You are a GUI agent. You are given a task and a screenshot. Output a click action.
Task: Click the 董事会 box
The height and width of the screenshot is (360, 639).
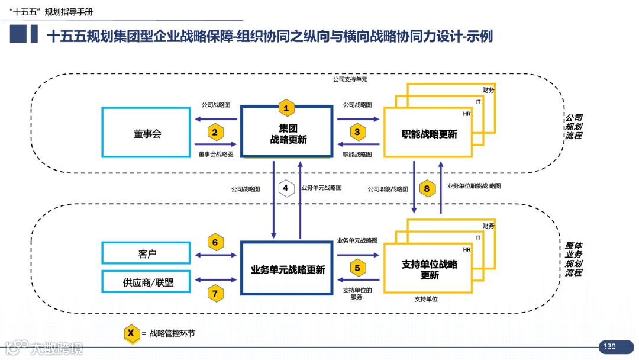pos(147,133)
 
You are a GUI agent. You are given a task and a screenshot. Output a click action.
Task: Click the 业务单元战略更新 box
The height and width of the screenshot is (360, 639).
pos(288,269)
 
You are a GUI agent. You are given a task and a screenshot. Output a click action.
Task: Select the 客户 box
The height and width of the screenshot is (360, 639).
pos(147,253)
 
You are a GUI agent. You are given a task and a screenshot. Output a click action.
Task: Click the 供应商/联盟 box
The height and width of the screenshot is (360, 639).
pos(147,282)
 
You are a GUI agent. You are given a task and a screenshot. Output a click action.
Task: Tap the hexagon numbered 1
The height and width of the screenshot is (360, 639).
pos(286,108)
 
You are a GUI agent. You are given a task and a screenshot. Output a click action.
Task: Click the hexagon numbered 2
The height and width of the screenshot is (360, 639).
pos(215,132)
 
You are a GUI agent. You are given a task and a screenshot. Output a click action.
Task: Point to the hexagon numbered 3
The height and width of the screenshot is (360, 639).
pos(357,132)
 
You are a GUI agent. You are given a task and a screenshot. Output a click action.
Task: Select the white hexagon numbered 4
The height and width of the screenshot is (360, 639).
pos(286,189)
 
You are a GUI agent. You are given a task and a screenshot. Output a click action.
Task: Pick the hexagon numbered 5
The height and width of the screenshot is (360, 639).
pos(357,267)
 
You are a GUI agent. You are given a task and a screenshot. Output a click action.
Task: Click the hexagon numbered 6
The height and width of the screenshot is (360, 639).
pos(215,242)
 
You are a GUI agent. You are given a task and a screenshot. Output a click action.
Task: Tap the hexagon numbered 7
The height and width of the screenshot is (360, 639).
pos(215,292)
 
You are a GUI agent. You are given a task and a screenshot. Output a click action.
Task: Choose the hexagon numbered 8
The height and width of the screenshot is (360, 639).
pos(427,189)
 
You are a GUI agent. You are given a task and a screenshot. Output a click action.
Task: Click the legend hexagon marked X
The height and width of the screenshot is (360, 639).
pos(131,333)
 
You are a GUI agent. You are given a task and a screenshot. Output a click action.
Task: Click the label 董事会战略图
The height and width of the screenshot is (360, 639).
pos(215,154)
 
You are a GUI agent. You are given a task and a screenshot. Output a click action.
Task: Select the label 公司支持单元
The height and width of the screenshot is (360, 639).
pos(350,79)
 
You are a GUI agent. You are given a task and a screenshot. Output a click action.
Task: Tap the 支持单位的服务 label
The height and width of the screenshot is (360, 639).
pos(357,293)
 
